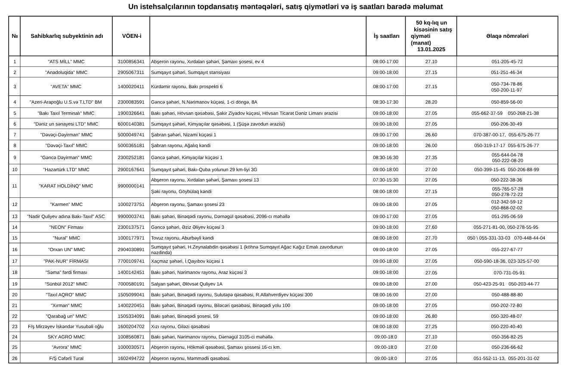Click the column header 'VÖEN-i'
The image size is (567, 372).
click(x=131, y=36)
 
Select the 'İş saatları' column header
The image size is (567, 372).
click(x=386, y=36)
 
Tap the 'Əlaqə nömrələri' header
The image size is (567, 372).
click(x=507, y=36)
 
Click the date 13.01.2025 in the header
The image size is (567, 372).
click(x=431, y=49)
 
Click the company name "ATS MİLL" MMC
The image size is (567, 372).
click(x=66, y=61)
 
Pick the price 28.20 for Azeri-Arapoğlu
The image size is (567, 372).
click(x=431, y=102)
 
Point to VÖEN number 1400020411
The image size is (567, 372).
click(x=131, y=86)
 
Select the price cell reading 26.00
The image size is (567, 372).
click(x=431, y=145)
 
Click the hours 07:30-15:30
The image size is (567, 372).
click(x=385, y=180)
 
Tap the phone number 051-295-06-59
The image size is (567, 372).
click(x=507, y=216)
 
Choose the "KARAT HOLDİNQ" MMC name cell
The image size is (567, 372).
click(x=66, y=186)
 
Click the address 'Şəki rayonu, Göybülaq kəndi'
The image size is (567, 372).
click(x=181, y=191)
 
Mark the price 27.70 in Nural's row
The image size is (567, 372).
click(x=431, y=238)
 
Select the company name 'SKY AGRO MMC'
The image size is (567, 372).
click(x=66, y=337)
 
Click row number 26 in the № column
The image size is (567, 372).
click(x=15, y=358)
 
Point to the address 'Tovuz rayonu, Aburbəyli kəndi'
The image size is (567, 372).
click(x=182, y=238)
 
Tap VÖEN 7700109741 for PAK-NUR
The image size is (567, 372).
click(x=131, y=261)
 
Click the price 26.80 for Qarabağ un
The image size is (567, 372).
click(x=431, y=316)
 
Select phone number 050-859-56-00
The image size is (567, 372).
click(x=507, y=102)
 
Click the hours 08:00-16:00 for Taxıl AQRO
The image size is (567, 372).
click(x=385, y=295)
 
